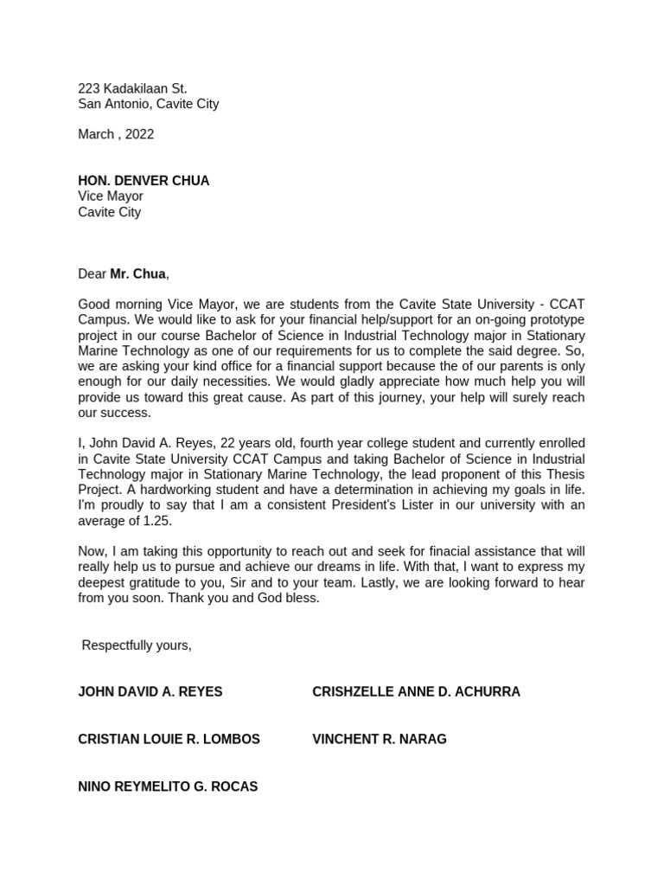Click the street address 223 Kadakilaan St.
click(132, 88)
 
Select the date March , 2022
click(116, 134)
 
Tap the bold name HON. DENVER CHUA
click(144, 181)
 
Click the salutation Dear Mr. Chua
click(124, 274)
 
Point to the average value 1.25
click(156, 520)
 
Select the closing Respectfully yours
click(137, 645)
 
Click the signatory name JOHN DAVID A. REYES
click(150, 692)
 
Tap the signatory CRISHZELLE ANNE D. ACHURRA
click(416, 692)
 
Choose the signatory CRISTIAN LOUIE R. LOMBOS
click(169, 739)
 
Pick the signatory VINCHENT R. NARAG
click(379, 739)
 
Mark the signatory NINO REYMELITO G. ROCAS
click(167, 786)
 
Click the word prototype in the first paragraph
click(555, 319)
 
